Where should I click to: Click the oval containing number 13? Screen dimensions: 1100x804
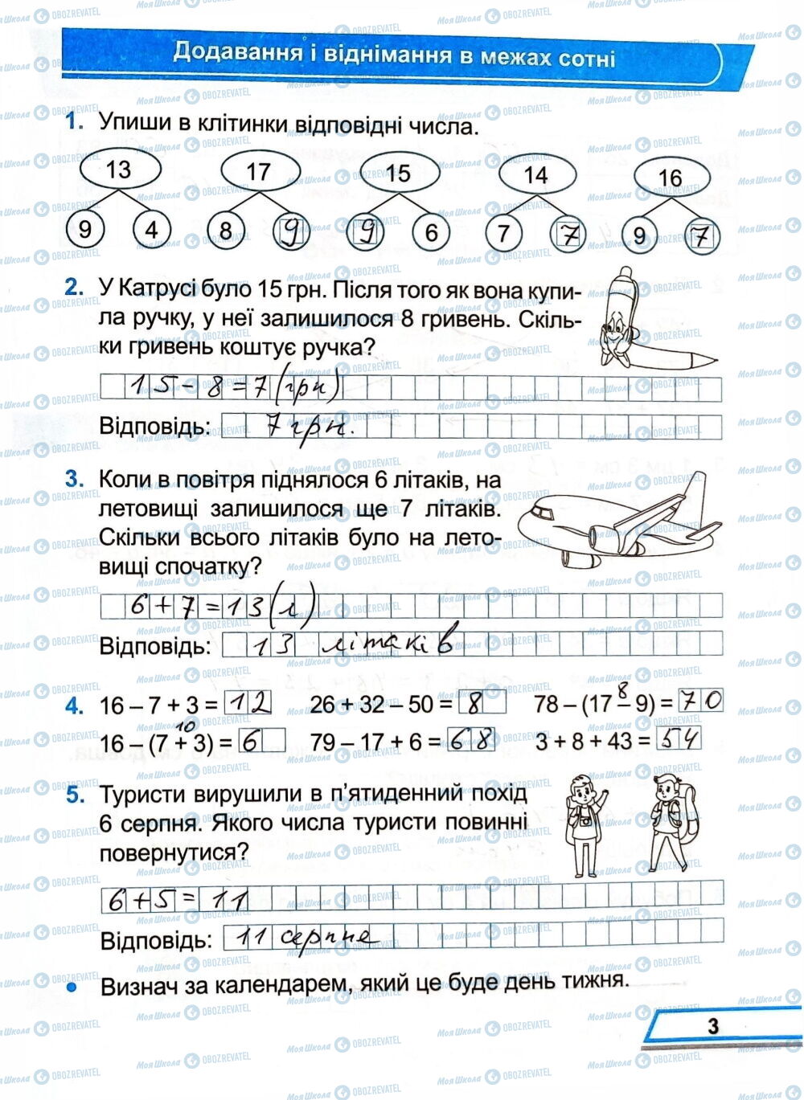coord(118,170)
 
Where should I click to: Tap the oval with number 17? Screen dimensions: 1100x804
coord(259,171)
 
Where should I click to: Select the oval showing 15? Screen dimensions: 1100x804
coord(399,173)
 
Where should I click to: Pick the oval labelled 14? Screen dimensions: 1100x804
coord(535,174)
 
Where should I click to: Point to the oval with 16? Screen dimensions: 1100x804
coord(670,178)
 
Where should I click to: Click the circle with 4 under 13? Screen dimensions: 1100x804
coord(151,231)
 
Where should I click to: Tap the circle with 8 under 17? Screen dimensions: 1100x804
coord(226,232)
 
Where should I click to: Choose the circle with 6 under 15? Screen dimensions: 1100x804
coord(432,233)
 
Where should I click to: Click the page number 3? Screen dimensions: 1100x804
coord(712,1026)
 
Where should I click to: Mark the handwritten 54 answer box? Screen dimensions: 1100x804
coord(679,738)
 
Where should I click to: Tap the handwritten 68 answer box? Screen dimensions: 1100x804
coord(473,740)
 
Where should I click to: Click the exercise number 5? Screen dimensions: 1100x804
coord(76,794)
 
